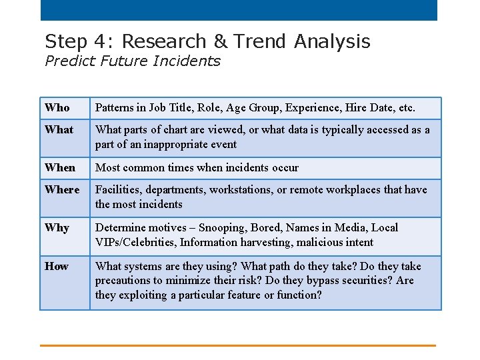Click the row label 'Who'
tap(57, 107)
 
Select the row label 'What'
tap(59, 129)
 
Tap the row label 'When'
tap(60, 167)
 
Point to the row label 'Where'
tap(62, 189)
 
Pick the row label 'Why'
tap(57, 227)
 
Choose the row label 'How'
tap(57, 266)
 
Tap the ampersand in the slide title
tap(220, 41)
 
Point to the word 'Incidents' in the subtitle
tap(189, 61)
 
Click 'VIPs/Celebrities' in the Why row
tap(136, 242)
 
